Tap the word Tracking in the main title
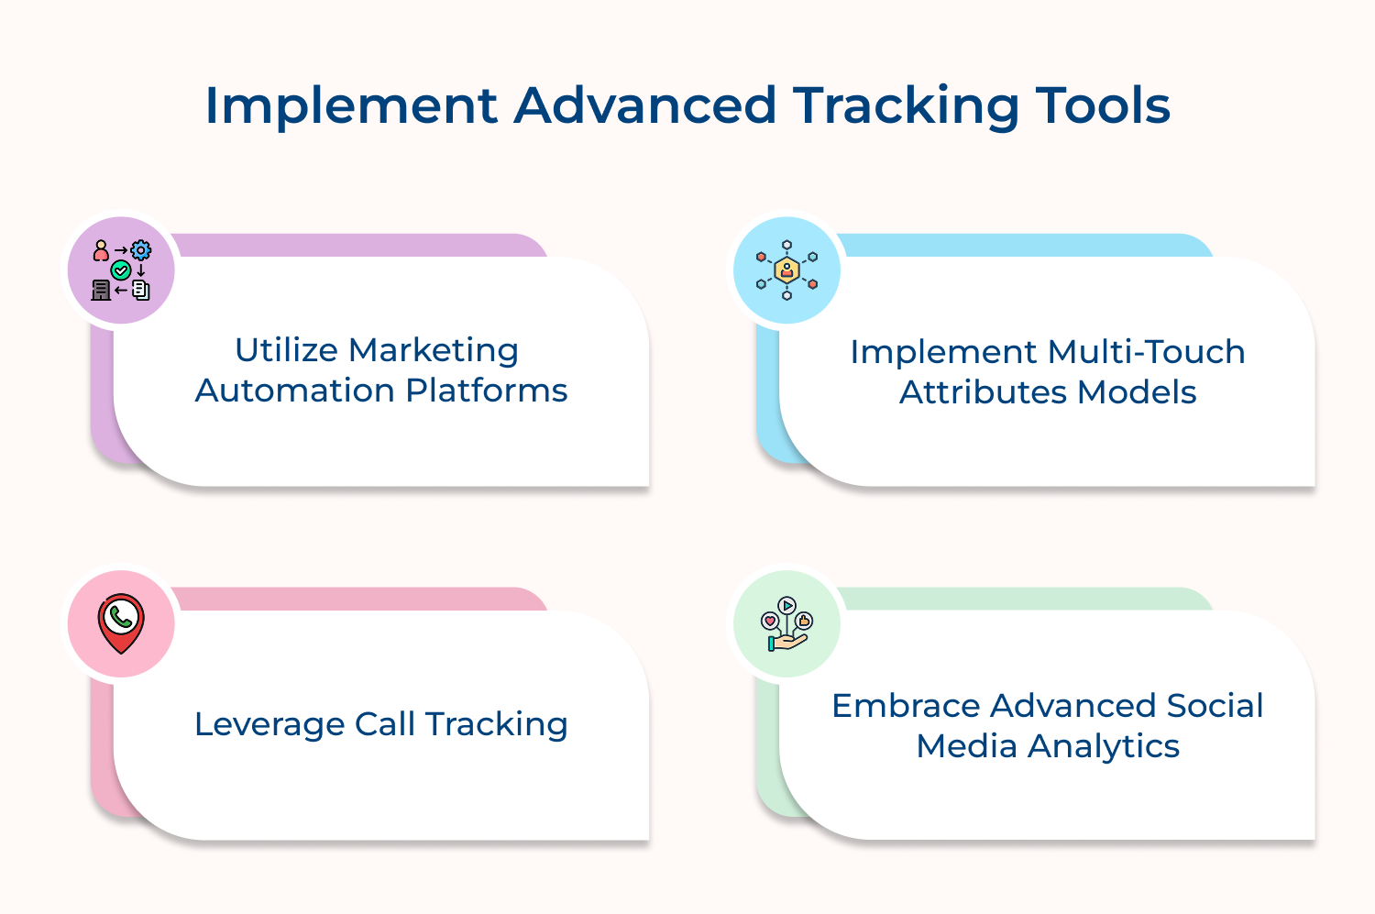[x=906, y=106]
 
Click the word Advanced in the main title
[x=645, y=106]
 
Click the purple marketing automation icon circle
[x=121, y=270]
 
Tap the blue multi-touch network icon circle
[x=786, y=270]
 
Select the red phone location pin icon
[x=121, y=623]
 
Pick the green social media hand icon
[x=786, y=624]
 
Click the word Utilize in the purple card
[x=286, y=350]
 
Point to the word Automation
[x=295, y=391]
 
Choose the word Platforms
[x=487, y=391]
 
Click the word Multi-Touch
[x=1146, y=352]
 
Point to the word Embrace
[x=906, y=706]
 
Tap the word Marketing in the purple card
[x=434, y=350]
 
